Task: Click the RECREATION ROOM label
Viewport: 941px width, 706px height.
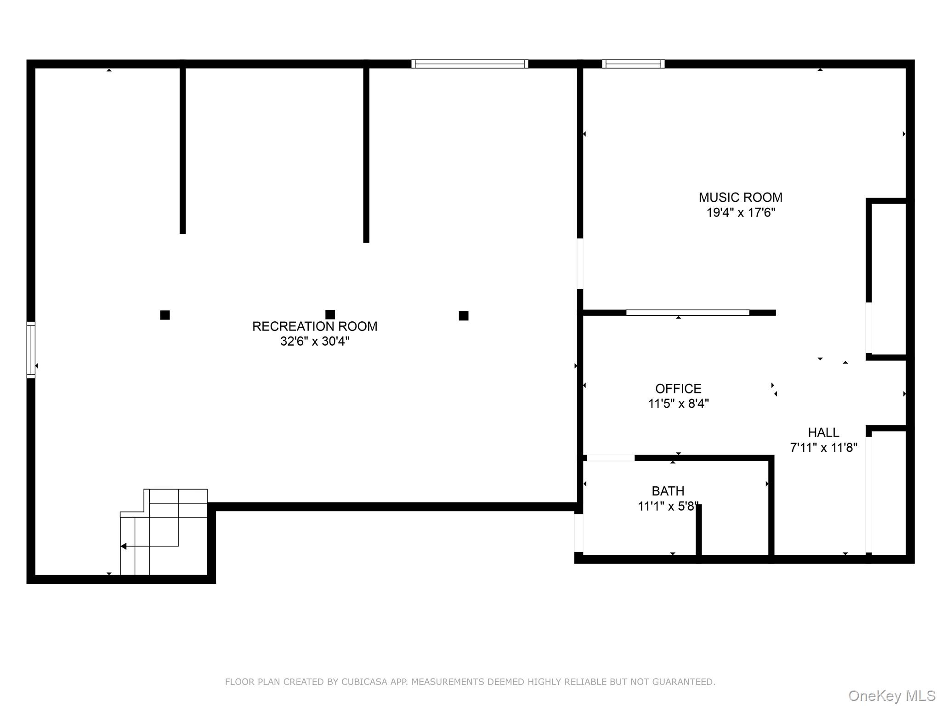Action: click(x=315, y=326)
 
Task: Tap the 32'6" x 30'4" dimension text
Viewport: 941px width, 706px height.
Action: click(x=315, y=342)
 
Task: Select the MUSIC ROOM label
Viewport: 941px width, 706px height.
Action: click(x=740, y=198)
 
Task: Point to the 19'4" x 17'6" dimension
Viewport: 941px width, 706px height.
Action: click(x=740, y=213)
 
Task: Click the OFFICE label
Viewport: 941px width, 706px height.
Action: click(x=678, y=389)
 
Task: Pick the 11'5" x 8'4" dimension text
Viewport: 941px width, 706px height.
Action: click(x=678, y=404)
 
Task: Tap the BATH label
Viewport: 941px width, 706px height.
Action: click(x=668, y=491)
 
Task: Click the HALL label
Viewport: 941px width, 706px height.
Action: click(x=823, y=433)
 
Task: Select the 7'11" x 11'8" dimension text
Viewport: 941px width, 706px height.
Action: click(x=823, y=448)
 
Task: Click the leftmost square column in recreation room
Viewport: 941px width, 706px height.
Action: click(x=165, y=315)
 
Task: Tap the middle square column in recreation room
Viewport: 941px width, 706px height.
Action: click(x=330, y=314)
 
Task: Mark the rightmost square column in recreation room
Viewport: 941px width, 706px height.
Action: click(x=463, y=316)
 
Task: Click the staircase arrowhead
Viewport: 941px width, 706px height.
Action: click(x=124, y=546)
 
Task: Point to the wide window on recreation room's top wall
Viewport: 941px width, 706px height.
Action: click(x=470, y=64)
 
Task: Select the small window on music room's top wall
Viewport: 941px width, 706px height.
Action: click(x=633, y=64)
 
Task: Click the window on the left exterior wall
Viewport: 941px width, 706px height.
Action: click(x=31, y=350)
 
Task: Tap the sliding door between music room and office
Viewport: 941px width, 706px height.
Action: click(x=687, y=313)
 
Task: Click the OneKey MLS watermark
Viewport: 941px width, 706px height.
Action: click(x=891, y=695)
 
